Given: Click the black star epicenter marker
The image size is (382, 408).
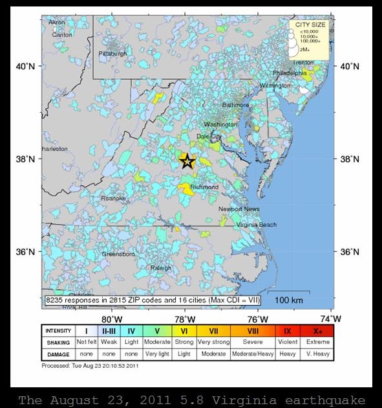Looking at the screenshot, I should click(x=187, y=161).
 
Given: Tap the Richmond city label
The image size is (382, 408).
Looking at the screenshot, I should click(x=204, y=187).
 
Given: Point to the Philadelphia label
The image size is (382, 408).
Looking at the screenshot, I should click(x=289, y=73).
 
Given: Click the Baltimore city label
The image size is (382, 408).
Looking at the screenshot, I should click(x=235, y=105).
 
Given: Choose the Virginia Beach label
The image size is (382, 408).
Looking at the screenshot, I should click(x=256, y=225).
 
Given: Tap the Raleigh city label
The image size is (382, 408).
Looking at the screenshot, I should click(x=160, y=267).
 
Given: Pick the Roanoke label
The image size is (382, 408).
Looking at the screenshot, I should click(x=113, y=198).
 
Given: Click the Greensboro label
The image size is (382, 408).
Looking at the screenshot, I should click(x=118, y=255).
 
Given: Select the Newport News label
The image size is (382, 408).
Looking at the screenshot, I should click(x=239, y=209).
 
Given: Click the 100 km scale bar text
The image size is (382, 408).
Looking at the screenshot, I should click(x=290, y=300).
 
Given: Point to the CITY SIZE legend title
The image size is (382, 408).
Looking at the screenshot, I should click(x=311, y=25).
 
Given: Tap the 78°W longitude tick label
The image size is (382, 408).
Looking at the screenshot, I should click(x=186, y=319).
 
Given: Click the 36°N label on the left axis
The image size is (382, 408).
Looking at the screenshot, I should click(x=25, y=252).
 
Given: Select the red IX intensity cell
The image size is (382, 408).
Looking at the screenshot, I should click(x=287, y=331).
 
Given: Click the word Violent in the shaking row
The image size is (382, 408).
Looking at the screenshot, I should click(x=287, y=343).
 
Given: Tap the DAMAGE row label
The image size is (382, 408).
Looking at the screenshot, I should click(x=58, y=354).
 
